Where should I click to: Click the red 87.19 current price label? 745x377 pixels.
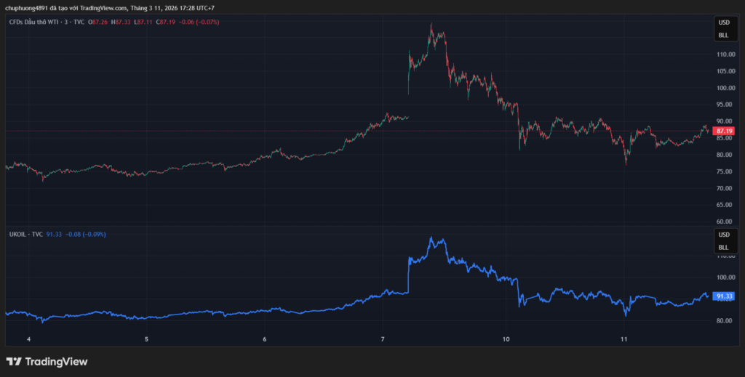click(723, 131)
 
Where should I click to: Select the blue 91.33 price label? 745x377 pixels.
click(723, 296)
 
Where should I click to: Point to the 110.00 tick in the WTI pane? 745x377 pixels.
click(724, 54)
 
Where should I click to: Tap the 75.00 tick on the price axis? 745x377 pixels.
click(724, 171)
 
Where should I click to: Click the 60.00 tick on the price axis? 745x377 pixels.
click(724, 222)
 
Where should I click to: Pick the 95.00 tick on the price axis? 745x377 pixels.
click(724, 105)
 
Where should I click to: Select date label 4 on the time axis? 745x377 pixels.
click(28, 339)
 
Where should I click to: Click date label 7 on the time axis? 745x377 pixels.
click(383, 339)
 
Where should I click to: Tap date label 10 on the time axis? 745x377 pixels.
click(506, 339)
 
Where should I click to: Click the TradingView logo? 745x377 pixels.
click(47, 361)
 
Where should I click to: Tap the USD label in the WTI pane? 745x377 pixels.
click(723, 23)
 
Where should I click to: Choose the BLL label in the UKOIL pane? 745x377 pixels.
click(723, 248)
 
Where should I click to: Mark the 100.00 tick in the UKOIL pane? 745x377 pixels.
click(724, 277)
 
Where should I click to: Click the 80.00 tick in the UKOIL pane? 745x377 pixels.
click(724, 320)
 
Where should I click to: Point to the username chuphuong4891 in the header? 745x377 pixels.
click(28, 8)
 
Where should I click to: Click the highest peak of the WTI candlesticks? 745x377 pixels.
click(431, 24)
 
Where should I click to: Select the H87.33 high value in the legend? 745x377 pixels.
click(122, 22)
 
